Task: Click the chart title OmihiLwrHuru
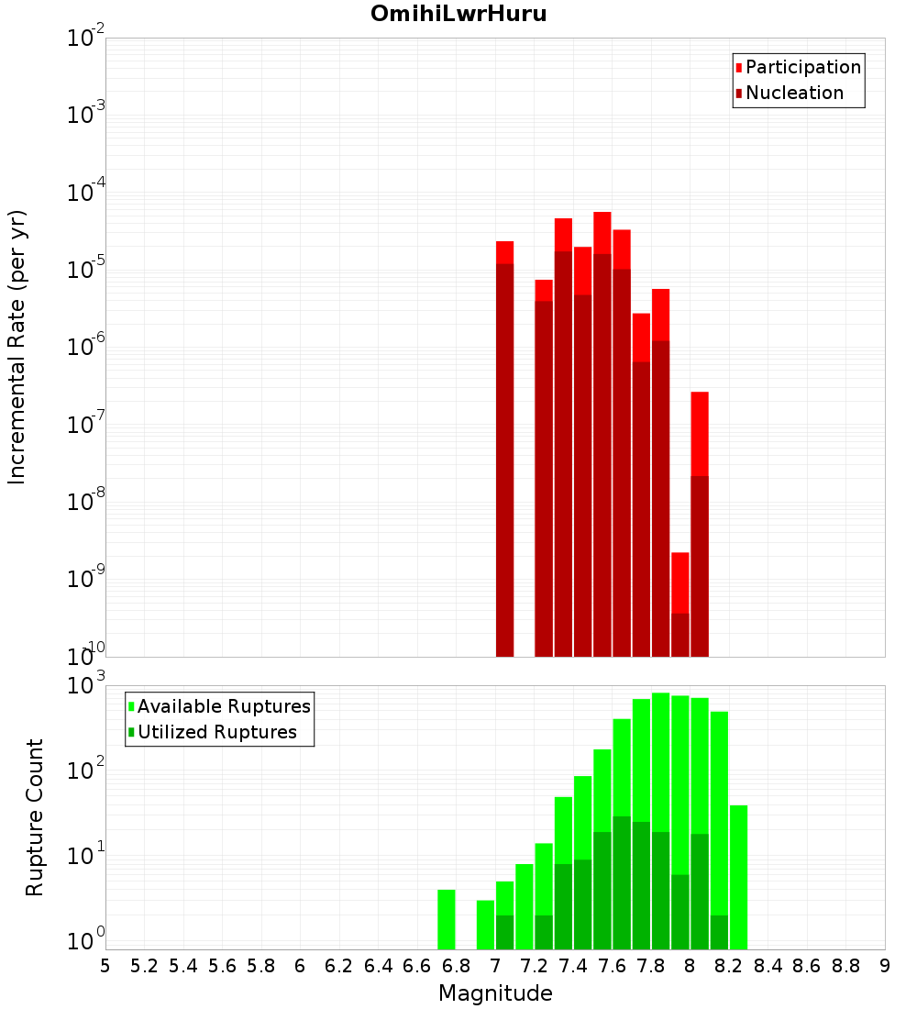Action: click(x=458, y=15)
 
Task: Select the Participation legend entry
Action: click(x=803, y=67)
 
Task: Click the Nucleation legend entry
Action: click(x=794, y=93)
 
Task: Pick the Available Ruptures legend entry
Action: click(x=224, y=706)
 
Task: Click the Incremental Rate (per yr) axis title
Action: click(x=17, y=347)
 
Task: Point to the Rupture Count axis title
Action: click(x=35, y=817)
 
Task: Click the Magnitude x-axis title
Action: click(x=495, y=993)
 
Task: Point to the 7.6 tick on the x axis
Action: click(x=612, y=966)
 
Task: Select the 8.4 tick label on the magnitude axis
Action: click(x=768, y=966)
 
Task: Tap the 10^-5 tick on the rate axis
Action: click(x=87, y=270)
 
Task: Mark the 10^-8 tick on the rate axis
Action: click(x=87, y=502)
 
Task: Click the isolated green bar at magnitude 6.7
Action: click(x=447, y=919)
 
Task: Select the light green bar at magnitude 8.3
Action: click(x=739, y=877)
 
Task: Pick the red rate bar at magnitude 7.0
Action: click(x=504, y=449)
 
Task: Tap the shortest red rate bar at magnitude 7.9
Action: click(x=680, y=605)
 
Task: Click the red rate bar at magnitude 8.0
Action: click(x=700, y=523)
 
